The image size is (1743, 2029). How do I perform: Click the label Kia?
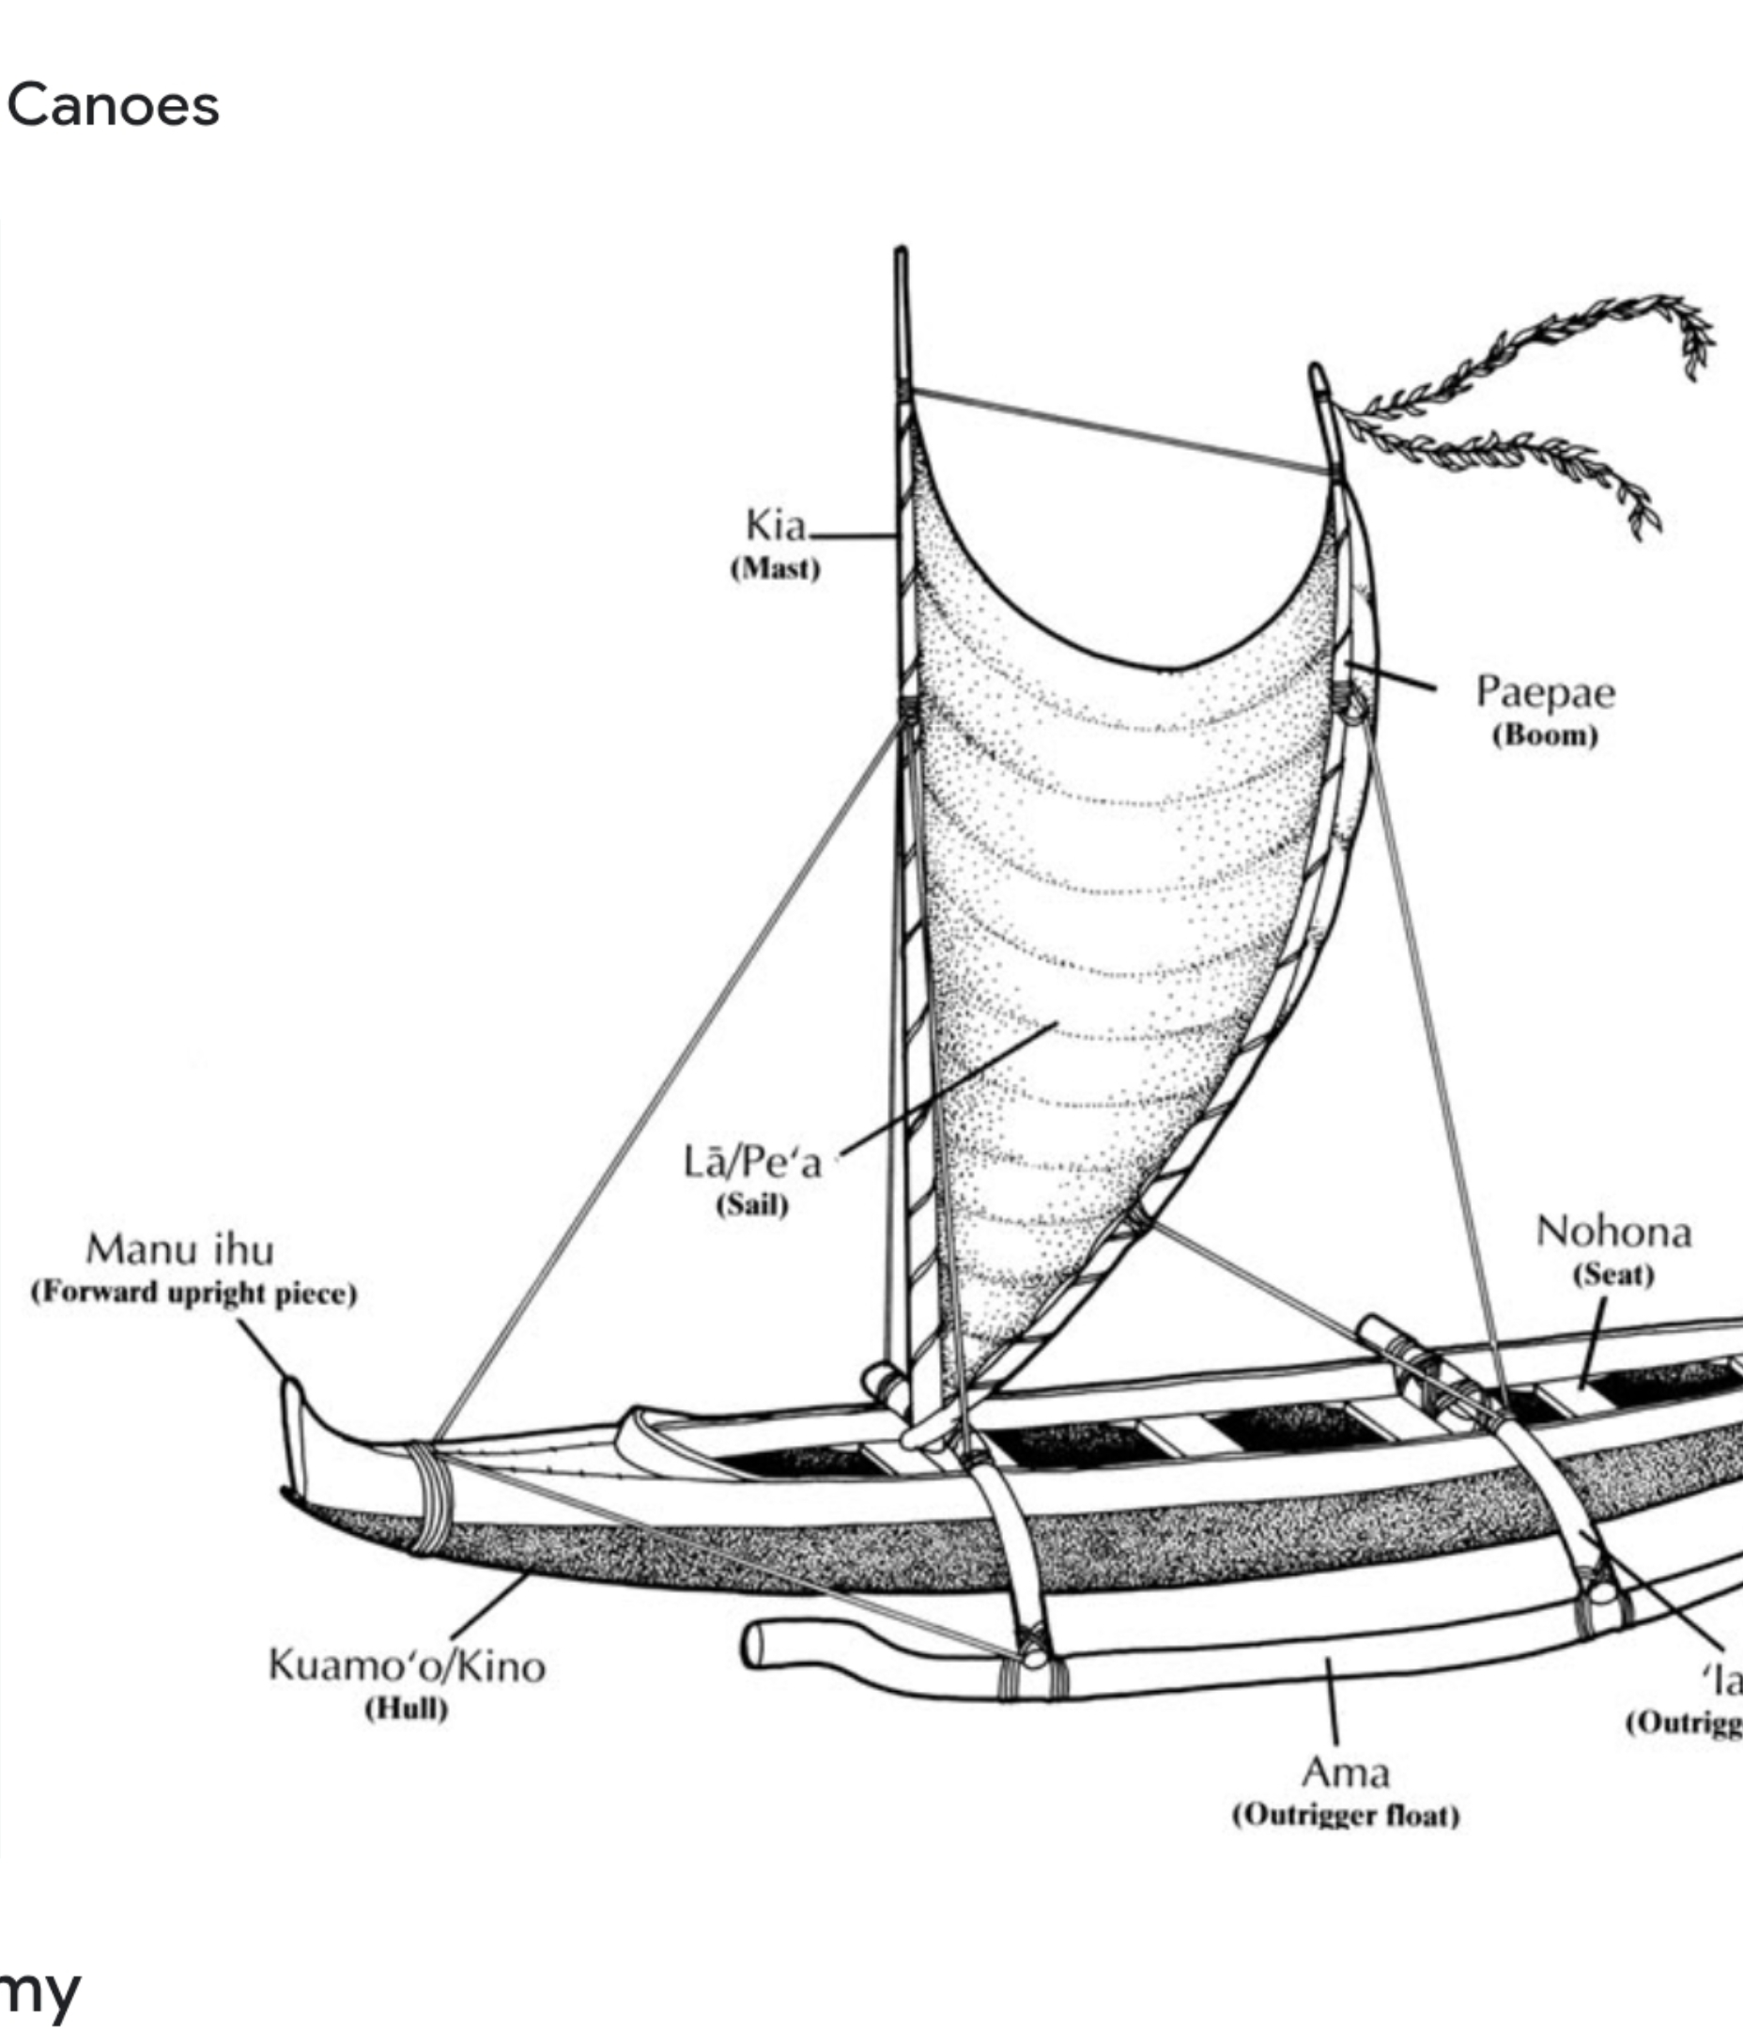click(x=775, y=526)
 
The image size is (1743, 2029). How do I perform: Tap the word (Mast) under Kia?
click(x=775, y=569)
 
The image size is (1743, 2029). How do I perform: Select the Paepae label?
click(x=1545, y=692)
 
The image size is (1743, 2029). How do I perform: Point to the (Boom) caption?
click(x=1544, y=736)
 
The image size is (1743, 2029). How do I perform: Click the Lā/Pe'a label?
click(x=752, y=1162)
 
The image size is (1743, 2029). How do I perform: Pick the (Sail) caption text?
click(x=751, y=1204)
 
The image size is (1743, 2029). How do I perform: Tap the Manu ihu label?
click(x=180, y=1250)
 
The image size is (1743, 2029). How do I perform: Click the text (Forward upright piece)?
click(x=193, y=1293)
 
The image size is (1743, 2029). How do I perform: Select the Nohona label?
click(x=1612, y=1232)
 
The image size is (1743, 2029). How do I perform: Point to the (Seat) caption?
click(x=1612, y=1275)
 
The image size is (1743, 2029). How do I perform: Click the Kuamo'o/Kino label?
click(x=407, y=1665)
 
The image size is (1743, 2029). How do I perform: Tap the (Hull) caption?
click(x=407, y=1709)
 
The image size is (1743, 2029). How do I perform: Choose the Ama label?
click(x=1345, y=1773)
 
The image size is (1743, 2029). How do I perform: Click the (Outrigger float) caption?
click(x=1346, y=1816)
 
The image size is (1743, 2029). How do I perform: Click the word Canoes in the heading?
click(x=113, y=106)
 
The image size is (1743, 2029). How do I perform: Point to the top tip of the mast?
click(x=900, y=255)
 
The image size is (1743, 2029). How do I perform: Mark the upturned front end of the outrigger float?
click(x=759, y=1646)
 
